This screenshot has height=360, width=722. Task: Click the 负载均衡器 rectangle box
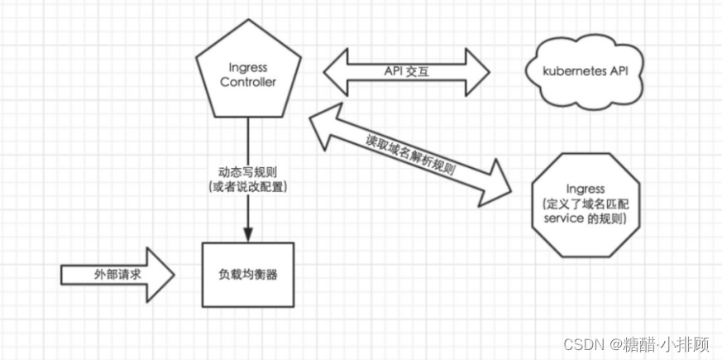pyautogui.click(x=249, y=273)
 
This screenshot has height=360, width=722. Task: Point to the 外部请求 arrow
pyautogui.click(x=116, y=273)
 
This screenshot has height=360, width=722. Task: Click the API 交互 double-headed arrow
pyautogui.click(x=405, y=72)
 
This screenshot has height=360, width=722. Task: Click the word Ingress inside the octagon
pyautogui.click(x=585, y=190)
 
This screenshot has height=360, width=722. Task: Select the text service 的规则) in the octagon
pyautogui.click(x=585, y=218)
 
